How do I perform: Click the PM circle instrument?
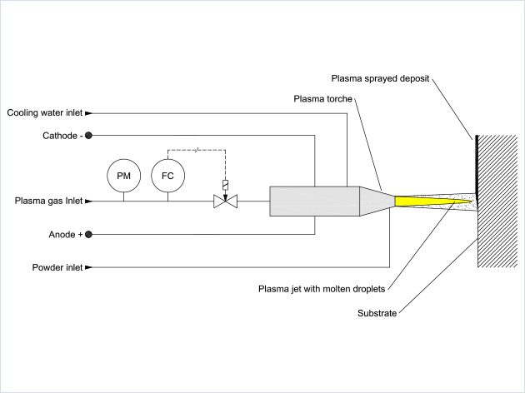tap(124, 175)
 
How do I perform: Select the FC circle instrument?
tap(167, 175)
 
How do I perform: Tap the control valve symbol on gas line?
tap(225, 201)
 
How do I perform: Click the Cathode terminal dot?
tap(89, 135)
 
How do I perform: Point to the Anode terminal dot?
tap(89, 235)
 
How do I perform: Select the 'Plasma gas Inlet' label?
tap(47, 201)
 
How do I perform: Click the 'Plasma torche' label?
tap(323, 99)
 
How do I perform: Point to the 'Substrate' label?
tap(377, 314)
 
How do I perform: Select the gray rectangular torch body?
tap(314, 201)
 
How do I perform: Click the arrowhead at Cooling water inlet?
tap(88, 112)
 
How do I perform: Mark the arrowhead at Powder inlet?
tap(88, 268)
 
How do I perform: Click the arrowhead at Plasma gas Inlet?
tap(88, 201)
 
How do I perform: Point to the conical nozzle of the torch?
tap(375, 201)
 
